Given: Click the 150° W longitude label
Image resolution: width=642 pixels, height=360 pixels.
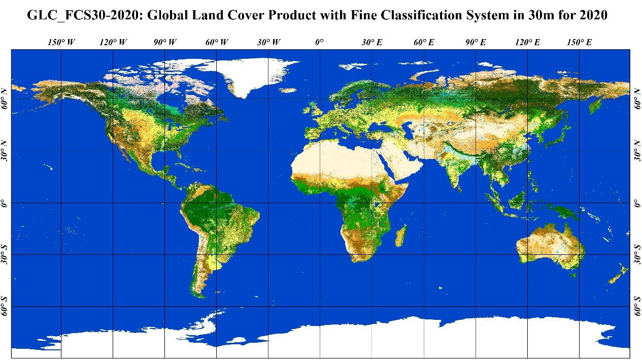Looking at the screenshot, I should coord(61,43).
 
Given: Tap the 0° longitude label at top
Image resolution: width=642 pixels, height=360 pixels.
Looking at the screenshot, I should coord(319,43).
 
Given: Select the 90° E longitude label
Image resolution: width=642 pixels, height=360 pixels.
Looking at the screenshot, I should coord(476,43).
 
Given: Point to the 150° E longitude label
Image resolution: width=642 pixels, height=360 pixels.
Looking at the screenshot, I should coord(579,43).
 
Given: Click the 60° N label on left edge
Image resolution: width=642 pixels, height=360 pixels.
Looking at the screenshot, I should coord(5,98).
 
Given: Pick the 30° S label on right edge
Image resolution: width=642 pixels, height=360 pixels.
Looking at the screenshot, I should coord(637,254).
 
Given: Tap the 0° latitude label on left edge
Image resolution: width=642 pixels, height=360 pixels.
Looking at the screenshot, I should coord(5,203).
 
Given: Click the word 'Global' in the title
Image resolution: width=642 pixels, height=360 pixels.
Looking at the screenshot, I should coord(167,15).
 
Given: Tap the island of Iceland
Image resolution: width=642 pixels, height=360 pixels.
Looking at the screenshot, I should coord(288,90).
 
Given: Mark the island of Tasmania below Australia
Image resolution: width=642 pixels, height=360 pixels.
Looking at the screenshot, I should coord(573,275).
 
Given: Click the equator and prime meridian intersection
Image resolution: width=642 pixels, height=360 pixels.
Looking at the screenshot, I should coord(320,203).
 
